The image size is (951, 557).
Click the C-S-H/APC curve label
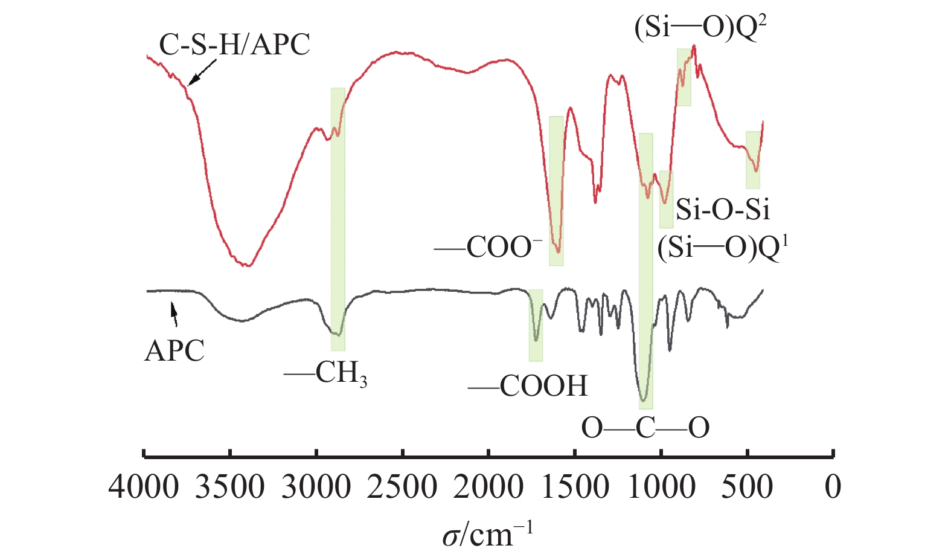coord(234,45)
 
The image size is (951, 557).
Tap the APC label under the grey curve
coord(175,351)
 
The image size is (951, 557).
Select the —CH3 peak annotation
coord(326,374)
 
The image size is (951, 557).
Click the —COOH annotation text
coord(528,386)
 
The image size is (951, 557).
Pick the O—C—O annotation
coord(645,428)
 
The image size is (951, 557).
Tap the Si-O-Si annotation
coord(723,209)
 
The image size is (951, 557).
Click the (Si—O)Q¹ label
coord(723,248)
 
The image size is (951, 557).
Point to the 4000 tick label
coord(144,487)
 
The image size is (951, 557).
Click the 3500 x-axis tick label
coord(230,487)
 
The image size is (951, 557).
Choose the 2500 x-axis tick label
coord(402,487)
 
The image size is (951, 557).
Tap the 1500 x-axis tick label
coord(575,487)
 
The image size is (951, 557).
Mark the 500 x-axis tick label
coord(748,487)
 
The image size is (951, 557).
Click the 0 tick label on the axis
coord(833,487)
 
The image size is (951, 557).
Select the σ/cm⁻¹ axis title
coord(488,533)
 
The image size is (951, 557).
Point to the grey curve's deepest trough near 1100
coord(644,399)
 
